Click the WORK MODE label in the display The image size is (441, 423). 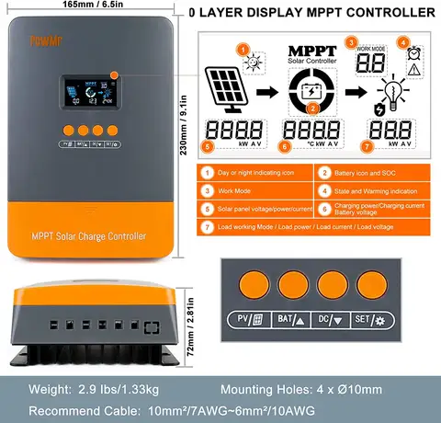point(369,44)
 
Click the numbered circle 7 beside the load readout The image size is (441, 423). point(367,145)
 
